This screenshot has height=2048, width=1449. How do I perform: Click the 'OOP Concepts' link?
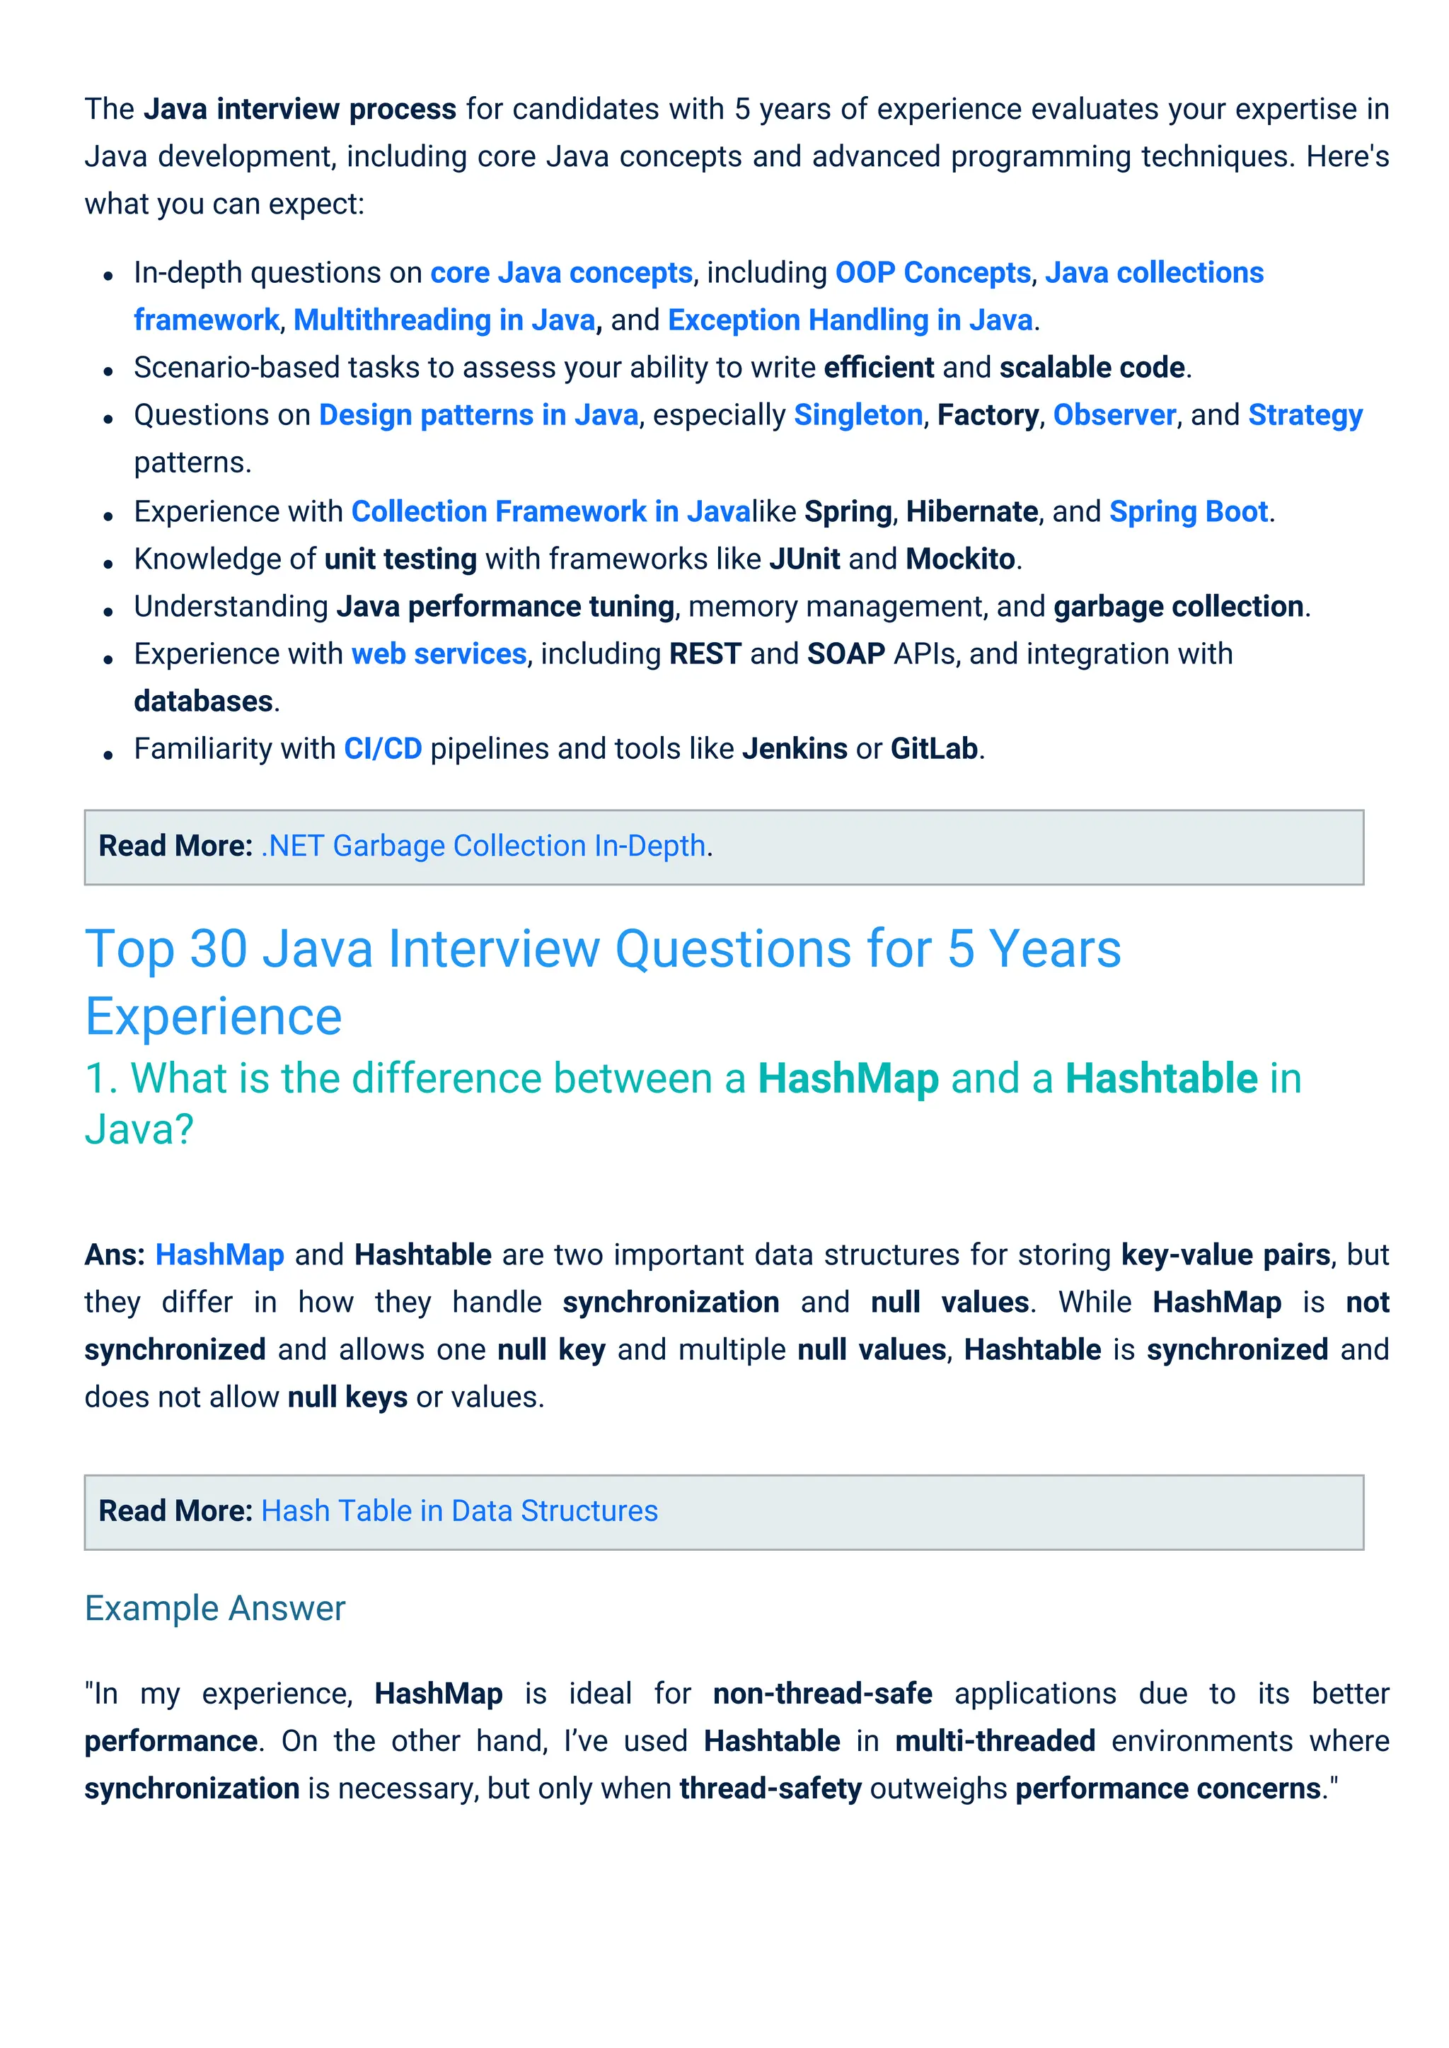tap(933, 273)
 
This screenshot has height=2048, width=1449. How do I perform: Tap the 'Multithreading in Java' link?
tap(444, 320)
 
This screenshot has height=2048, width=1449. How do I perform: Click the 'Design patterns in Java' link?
tap(478, 416)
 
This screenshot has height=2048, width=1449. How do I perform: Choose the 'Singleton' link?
tap(858, 416)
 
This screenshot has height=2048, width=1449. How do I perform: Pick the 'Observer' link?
tap(1114, 416)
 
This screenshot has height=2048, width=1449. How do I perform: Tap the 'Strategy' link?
tap(1305, 416)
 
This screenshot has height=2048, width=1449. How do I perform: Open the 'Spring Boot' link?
tap(1188, 512)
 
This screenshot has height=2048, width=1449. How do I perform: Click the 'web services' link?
tap(439, 655)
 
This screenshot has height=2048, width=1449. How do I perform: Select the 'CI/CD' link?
tap(383, 750)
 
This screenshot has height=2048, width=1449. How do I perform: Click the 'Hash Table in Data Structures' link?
tap(459, 1512)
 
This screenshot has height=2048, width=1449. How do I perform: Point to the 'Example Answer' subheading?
tap(215, 1609)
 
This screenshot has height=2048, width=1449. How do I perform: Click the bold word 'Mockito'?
tap(960, 559)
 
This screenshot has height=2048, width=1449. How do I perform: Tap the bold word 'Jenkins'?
tap(794, 750)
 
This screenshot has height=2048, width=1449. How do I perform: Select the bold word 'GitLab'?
tap(933, 750)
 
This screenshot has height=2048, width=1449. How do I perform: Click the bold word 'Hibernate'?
tap(971, 512)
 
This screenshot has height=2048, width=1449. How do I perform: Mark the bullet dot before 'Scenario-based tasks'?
tap(108, 370)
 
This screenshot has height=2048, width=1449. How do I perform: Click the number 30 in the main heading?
tap(219, 949)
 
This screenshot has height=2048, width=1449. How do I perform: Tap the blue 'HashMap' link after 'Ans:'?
tap(219, 1256)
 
